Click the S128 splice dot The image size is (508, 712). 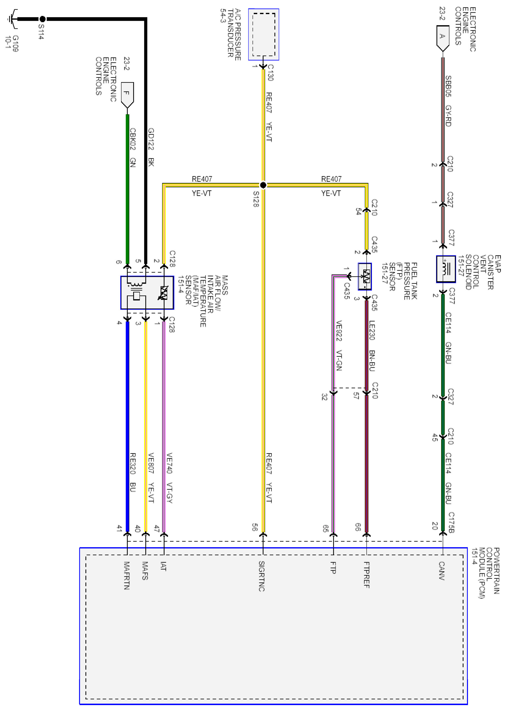pyautogui.click(x=263, y=185)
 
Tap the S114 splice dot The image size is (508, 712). pyautogui.click(x=42, y=19)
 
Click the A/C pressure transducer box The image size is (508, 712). pyautogui.click(x=263, y=34)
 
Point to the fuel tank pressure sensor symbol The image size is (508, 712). pyautogui.click(x=365, y=276)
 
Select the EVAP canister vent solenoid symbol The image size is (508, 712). pyautogui.click(x=446, y=269)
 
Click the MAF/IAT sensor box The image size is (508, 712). pyautogui.click(x=147, y=293)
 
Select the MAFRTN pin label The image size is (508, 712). pyautogui.click(x=127, y=576)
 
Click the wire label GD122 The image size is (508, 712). pyautogui.click(x=151, y=139)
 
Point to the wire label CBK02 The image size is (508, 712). pyautogui.click(x=133, y=139)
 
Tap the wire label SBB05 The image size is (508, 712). pyautogui.click(x=448, y=86)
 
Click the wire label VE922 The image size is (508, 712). pyautogui.click(x=339, y=331)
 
